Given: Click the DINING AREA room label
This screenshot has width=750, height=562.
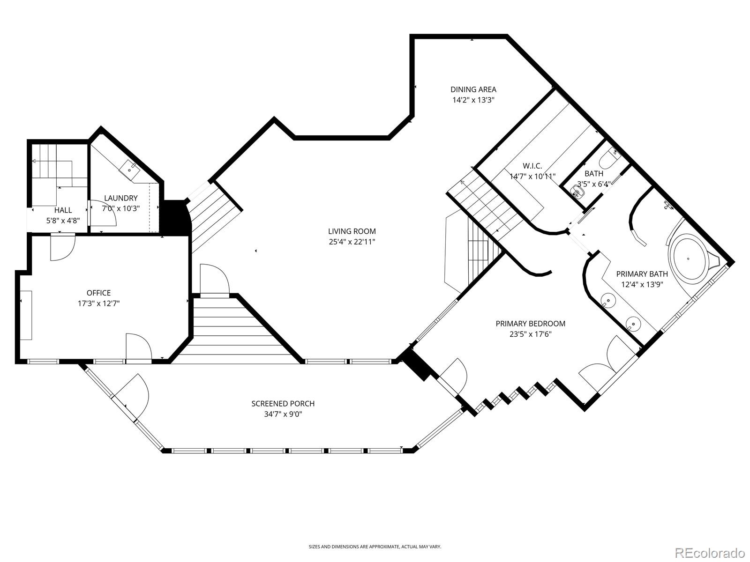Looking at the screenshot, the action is (473, 89).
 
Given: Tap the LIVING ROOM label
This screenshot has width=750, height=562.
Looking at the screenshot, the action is (352, 231).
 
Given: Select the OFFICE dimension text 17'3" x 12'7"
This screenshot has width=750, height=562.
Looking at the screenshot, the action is (99, 303).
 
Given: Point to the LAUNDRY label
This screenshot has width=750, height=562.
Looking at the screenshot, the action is (120, 198).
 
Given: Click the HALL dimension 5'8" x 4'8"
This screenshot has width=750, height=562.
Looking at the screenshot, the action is (63, 221).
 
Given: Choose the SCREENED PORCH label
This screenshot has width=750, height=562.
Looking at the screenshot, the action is (283, 404).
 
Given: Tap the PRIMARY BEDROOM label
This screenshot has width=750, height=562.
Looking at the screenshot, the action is (530, 324).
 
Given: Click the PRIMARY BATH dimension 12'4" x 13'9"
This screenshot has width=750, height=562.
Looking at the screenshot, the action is (642, 284).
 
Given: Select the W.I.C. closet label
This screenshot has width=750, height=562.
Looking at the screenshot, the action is (532, 166).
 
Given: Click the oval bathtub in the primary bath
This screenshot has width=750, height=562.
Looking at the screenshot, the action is (688, 259).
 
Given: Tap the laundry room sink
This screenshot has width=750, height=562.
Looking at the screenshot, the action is (129, 169).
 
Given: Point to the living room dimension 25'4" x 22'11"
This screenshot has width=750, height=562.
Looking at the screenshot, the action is (352, 242).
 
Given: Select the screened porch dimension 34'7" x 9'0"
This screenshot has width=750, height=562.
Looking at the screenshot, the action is (283, 414).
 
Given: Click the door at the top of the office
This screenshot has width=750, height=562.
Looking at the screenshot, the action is (62, 247).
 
